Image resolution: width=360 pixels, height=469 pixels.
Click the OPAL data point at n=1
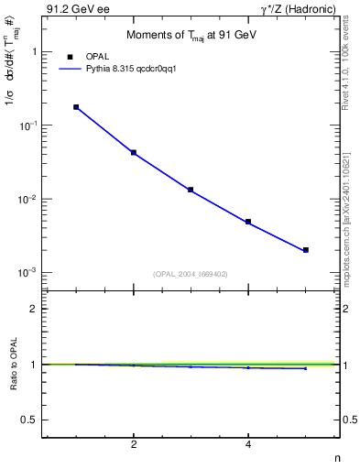click(76, 107)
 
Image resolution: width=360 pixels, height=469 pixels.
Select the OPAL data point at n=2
click(134, 152)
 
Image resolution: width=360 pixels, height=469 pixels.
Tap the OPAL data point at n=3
click(191, 190)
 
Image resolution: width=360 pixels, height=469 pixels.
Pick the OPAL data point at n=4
click(248, 222)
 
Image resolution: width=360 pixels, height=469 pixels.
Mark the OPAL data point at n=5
click(305, 250)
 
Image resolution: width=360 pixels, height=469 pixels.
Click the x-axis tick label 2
click(134, 445)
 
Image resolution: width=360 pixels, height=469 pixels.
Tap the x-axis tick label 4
click(248, 445)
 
